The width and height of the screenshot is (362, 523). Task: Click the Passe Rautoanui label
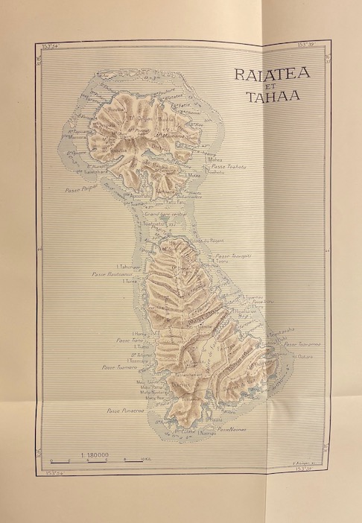coord(109,274)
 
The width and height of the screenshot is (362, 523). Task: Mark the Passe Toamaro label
coord(118,367)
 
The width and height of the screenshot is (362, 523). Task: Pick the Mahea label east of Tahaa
coord(216,159)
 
